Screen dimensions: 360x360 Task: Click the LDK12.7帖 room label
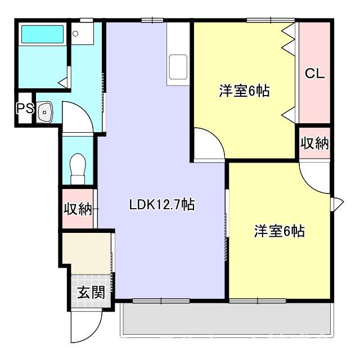161,205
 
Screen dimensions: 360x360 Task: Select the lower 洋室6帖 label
280,231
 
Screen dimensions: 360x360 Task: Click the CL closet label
315,73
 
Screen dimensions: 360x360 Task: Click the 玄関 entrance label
91,292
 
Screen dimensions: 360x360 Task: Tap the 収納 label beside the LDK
78,209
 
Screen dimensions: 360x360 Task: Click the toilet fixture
77,166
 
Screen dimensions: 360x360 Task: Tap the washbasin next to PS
46,112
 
